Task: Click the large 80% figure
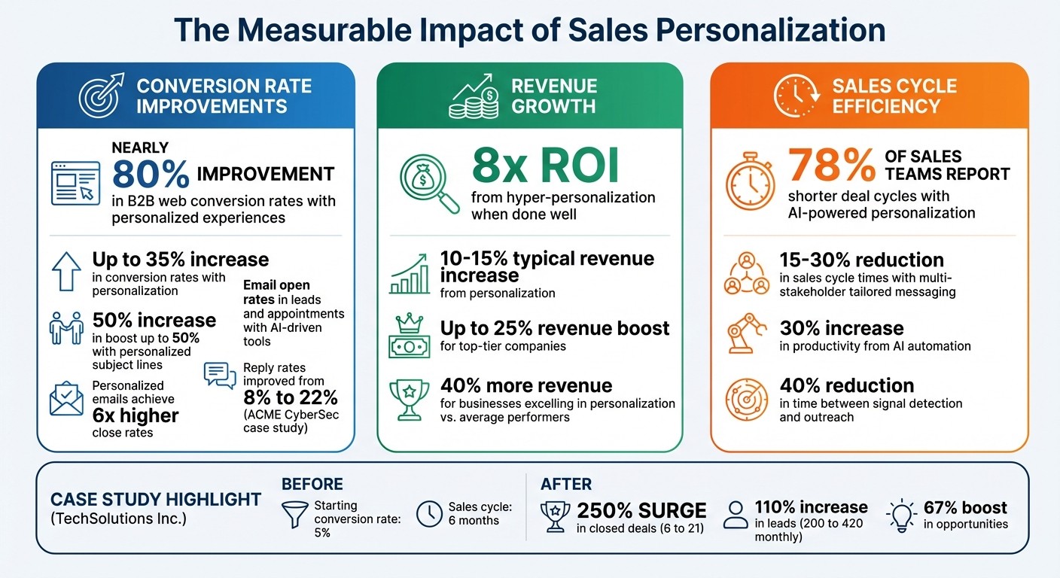[151, 174]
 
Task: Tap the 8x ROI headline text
[545, 167]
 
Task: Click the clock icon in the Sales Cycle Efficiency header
[796, 96]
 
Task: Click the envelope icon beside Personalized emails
[66, 400]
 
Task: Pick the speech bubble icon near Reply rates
[220, 375]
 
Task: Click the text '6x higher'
[136, 415]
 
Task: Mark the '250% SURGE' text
[641, 510]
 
